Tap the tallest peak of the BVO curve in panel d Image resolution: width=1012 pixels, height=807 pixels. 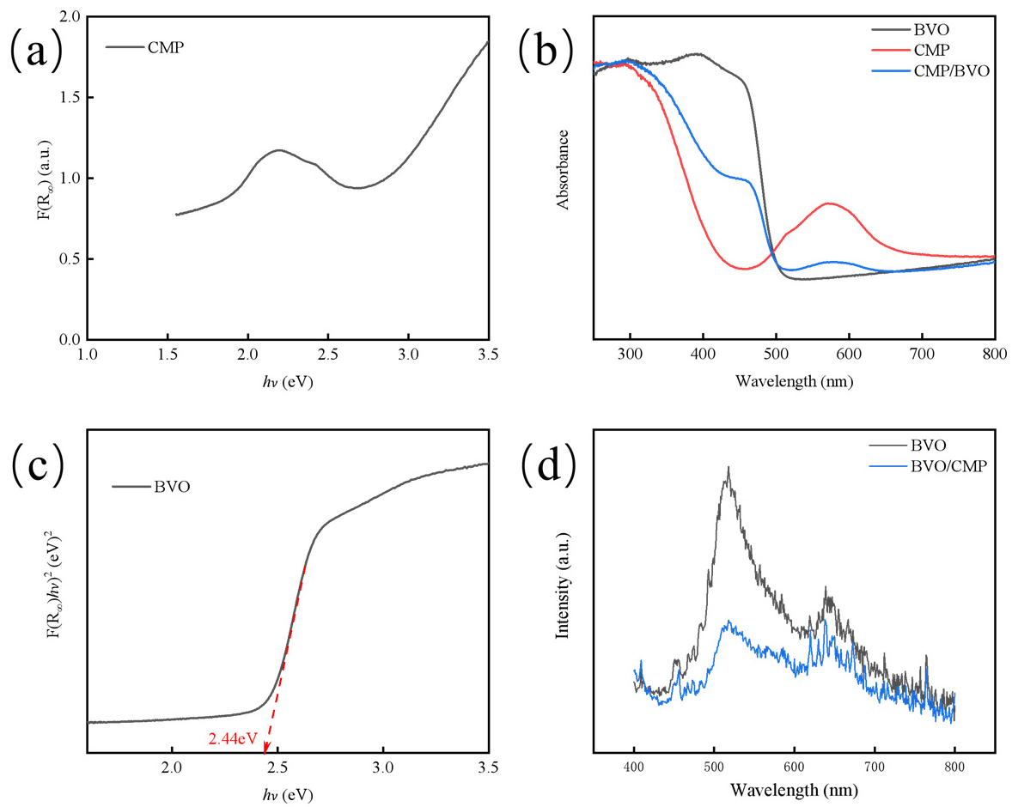pos(729,469)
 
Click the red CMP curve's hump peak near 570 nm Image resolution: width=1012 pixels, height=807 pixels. pos(829,203)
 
